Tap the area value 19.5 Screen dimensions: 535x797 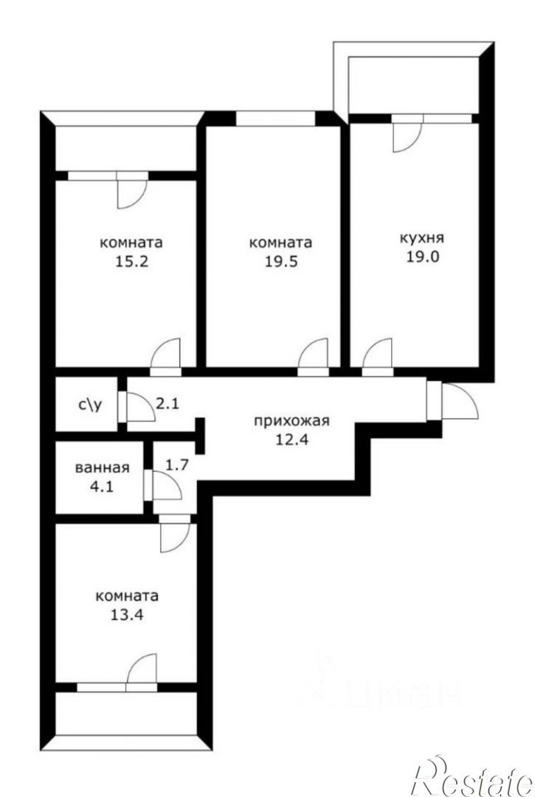280,261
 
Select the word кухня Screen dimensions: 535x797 422,237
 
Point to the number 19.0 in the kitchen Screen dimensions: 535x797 422,256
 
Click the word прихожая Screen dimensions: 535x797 291,421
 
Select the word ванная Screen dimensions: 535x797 102,467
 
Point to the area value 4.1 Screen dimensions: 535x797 102,486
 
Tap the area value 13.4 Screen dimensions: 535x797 127,615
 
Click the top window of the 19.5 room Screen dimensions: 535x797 275,119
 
